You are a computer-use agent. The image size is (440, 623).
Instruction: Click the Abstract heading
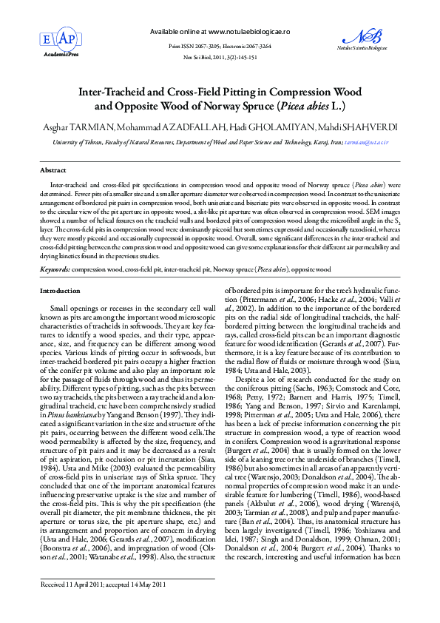tap(53, 170)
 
